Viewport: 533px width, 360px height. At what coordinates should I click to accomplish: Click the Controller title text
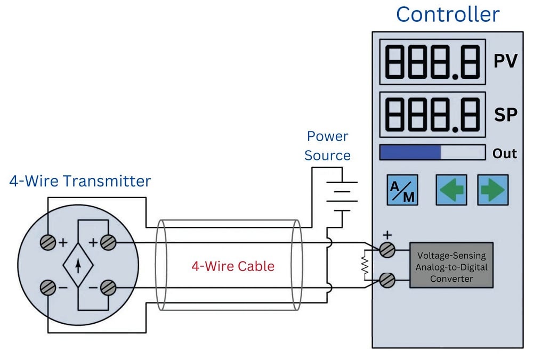tap(448, 14)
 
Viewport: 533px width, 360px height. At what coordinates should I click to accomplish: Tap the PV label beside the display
tap(505, 61)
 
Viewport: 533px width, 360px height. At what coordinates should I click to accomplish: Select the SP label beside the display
tap(505, 114)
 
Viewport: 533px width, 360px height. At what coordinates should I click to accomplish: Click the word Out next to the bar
tap(504, 153)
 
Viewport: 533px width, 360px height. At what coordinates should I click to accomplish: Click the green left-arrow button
tap(451, 190)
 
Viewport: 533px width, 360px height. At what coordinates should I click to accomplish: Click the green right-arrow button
tap(492, 190)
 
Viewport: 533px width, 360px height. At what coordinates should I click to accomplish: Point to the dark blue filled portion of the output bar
tap(410, 153)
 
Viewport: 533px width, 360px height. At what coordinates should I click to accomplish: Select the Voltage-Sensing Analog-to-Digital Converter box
tap(451, 265)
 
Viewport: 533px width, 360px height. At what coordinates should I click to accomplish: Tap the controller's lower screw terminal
tap(387, 280)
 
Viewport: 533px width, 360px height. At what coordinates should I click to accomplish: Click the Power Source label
tap(327, 146)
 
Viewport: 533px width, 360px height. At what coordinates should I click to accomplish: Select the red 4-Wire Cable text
tap(233, 266)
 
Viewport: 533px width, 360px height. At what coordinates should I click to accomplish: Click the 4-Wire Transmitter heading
tap(80, 181)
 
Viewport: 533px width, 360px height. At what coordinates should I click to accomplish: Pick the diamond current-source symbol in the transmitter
tap(78, 264)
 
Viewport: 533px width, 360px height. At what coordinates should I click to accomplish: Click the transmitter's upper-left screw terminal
tap(48, 242)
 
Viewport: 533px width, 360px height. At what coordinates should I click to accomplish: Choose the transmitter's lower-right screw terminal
tap(108, 288)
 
